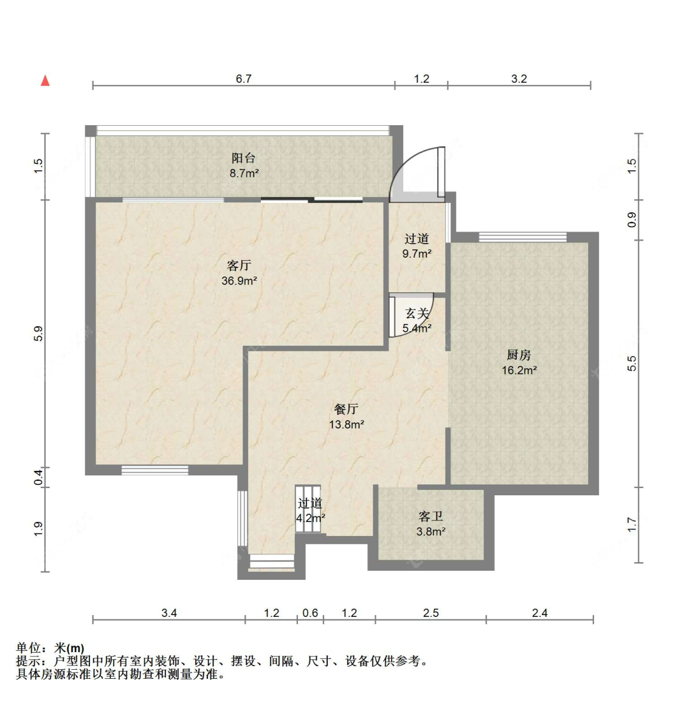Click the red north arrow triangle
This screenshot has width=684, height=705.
coord(45,81)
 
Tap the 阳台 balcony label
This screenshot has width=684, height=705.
coord(243,158)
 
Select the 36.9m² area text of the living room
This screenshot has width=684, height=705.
coord(239,281)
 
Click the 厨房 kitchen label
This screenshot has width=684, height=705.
coord(519,355)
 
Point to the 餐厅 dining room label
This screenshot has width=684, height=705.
coord(346,410)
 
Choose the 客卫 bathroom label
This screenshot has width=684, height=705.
coord(430,517)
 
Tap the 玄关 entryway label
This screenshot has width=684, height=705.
coord(417,314)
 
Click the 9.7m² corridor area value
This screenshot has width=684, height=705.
coord(416,254)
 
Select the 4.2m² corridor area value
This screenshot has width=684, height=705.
coord(310,518)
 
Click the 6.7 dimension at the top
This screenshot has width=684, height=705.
coord(243,79)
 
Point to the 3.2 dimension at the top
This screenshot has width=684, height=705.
coord(519,79)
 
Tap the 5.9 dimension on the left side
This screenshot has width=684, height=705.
coord(38,334)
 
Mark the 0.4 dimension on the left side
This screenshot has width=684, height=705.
coord(38,477)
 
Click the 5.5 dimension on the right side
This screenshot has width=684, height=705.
coord(632,363)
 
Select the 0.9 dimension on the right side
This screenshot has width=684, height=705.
coord(632,219)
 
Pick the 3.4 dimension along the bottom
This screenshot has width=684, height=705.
coord(169,613)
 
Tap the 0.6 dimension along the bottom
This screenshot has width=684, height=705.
coord(310,613)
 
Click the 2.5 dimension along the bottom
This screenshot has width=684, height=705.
coord(430,613)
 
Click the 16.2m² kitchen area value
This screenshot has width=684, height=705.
coord(519,370)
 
